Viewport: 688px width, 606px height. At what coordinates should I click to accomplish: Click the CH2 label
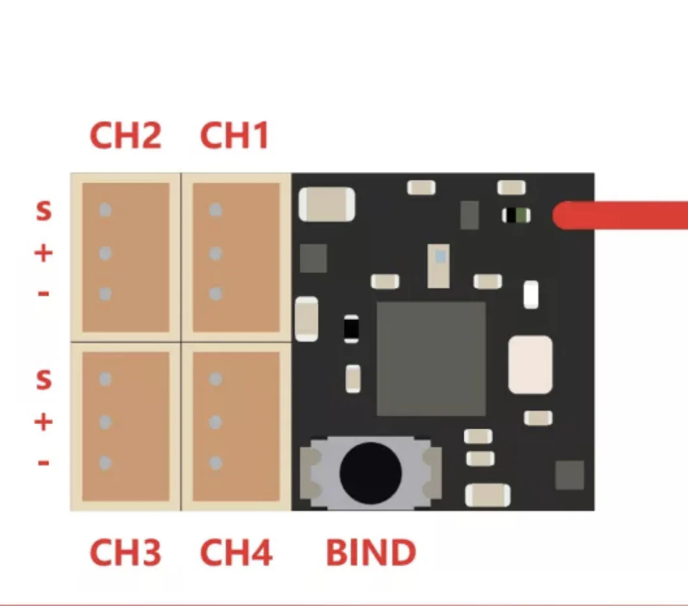tap(125, 135)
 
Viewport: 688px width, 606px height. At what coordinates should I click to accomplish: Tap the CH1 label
tap(234, 135)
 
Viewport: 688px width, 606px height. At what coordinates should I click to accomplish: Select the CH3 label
tap(125, 553)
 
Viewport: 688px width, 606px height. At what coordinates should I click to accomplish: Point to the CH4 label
tap(235, 553)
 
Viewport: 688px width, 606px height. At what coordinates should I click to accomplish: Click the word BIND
tap(371, 553)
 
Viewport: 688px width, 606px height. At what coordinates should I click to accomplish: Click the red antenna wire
tap(621, 215)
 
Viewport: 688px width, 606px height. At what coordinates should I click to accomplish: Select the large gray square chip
tap(431, 359)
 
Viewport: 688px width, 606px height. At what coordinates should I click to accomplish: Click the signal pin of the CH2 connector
tap(105, 210)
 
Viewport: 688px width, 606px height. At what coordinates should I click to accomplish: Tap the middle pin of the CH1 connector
tap(216, 252)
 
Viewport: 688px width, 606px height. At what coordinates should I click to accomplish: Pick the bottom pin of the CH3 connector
tap(105, 463)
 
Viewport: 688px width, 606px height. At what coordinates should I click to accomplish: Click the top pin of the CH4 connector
tap(216, 380)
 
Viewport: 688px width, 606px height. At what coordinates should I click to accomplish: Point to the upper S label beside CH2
tap(43, 211)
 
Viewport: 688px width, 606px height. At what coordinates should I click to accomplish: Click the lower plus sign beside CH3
tap(43, 422)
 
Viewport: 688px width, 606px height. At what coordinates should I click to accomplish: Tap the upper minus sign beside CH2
tap(43, 294)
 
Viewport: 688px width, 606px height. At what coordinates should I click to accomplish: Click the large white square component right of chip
tap(530, 365)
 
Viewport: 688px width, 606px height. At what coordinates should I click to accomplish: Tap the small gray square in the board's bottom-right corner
tap(569, 475)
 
